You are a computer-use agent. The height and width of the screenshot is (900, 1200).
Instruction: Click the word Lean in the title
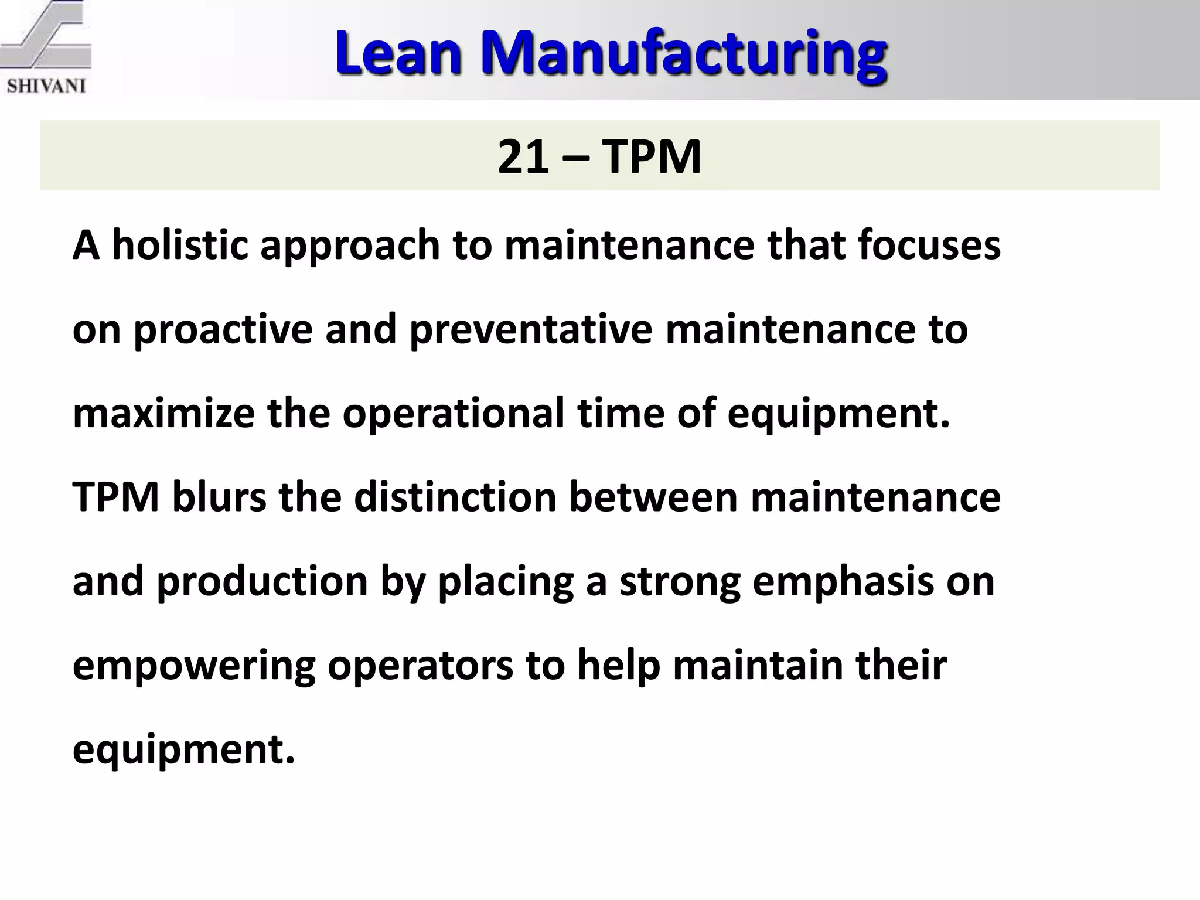click(398, 53)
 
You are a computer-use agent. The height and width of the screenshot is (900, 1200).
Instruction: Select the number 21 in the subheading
click(523, 156)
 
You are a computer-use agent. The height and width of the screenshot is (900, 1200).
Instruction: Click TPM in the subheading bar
click(651, 156)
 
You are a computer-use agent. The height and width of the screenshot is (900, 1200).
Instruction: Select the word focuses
click(929, 245)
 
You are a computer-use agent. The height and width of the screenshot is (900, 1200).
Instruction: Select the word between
click(653, 497)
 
